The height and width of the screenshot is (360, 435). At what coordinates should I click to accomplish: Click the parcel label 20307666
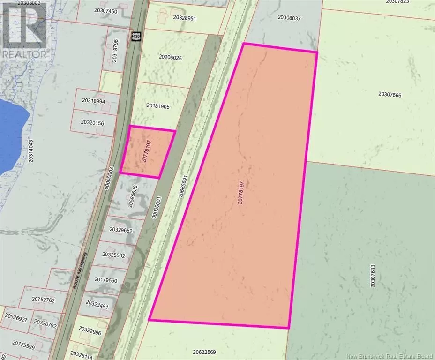[390, 95]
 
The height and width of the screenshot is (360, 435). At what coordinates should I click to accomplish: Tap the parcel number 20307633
[373, 276]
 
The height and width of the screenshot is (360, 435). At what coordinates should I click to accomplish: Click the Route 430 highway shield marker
[136, 36]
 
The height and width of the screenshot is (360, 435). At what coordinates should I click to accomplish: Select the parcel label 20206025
[170, 58]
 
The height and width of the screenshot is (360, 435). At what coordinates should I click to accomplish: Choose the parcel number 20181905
[157, 106]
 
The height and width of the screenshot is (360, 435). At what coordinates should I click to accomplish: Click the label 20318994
[93, 101]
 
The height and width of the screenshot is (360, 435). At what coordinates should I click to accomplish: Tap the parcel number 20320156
[92, 122]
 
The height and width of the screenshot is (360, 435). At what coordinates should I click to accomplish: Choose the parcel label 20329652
[121, 230]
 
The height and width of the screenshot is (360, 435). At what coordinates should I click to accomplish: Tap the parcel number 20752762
[43, 300]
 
